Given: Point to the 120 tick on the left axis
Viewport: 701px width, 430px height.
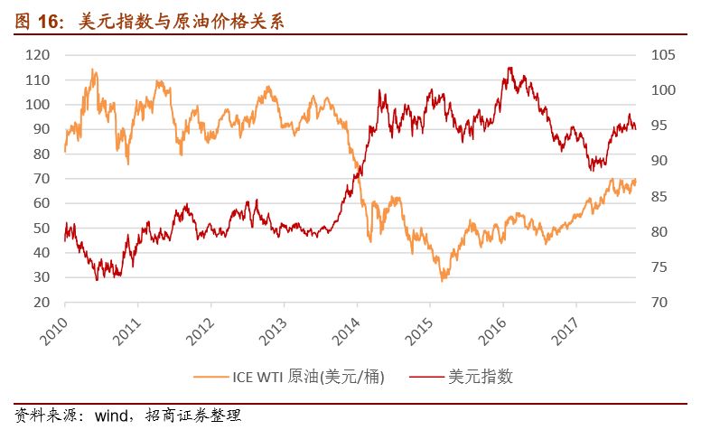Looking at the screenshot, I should click(x=37, y=55).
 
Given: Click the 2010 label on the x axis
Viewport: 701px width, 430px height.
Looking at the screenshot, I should click(x=53, y=328).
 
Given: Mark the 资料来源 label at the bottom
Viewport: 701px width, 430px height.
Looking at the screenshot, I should click(x=39, y=416).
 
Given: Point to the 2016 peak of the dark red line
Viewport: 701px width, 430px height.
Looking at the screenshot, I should click(x=509, y=68).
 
